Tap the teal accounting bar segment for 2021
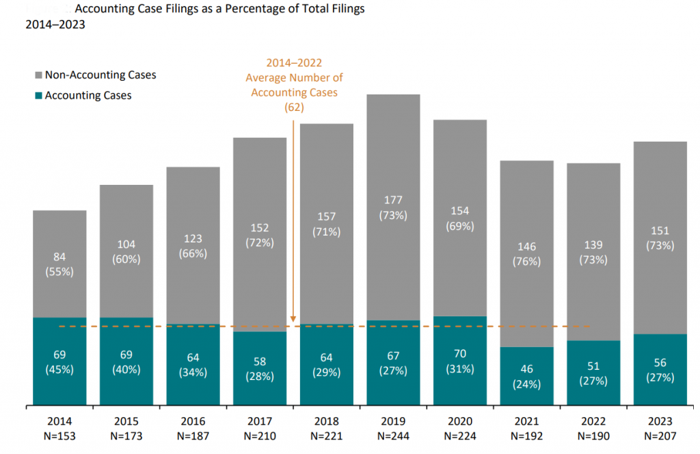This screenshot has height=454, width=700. [x=527, y=394]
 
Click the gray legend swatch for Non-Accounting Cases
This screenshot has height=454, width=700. [x=38, y=75]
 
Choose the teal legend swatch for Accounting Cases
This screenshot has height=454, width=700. [x=38, y=96]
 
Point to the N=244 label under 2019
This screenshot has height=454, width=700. [x=393, y=436]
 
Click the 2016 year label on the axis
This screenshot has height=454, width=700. [x=193, y=421]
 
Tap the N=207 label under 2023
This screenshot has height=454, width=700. [x=660, y=436]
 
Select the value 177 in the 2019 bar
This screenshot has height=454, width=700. [x=393, y=200]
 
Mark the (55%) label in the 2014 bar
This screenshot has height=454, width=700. [x=59, y=271]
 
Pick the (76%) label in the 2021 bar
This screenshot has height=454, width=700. [x=527, y=261]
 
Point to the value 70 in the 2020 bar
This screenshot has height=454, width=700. [x=460, y=355]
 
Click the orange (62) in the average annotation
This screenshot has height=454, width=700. [x=295, y=107]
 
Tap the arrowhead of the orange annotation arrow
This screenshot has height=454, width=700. [x=293, y=319]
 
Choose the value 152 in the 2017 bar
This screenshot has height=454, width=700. [x=260, y=228]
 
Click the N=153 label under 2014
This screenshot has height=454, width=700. [x=59, y=436]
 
